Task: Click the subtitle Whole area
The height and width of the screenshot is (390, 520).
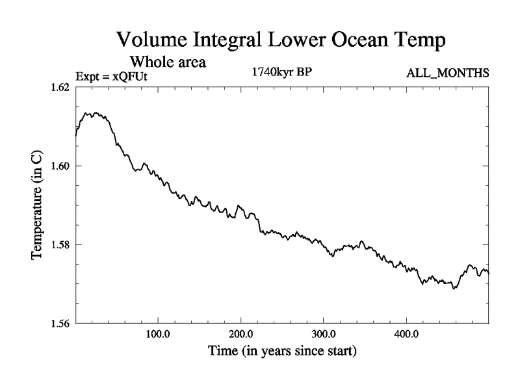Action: (x=168, y=62)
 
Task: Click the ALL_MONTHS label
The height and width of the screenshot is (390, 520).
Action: (x=447, y=73)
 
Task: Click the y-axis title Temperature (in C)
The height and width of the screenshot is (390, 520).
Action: (x=38, y=205)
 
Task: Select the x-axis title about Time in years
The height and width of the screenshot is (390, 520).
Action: (x=281, y=352)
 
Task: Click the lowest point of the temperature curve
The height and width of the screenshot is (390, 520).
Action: (x=454, y=288)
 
